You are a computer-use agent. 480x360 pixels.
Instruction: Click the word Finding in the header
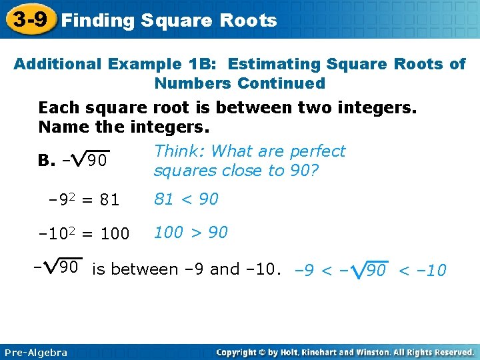pos(98,21)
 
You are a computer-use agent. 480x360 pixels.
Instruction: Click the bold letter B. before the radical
pos(47,161)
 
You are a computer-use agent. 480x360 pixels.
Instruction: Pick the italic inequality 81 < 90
pos(186,199)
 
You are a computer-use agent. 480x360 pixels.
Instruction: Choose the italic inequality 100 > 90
pos(191,233)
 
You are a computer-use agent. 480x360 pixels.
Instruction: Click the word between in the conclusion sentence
pos(151,269)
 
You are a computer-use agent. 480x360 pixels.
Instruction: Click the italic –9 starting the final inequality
pos(305,271)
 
